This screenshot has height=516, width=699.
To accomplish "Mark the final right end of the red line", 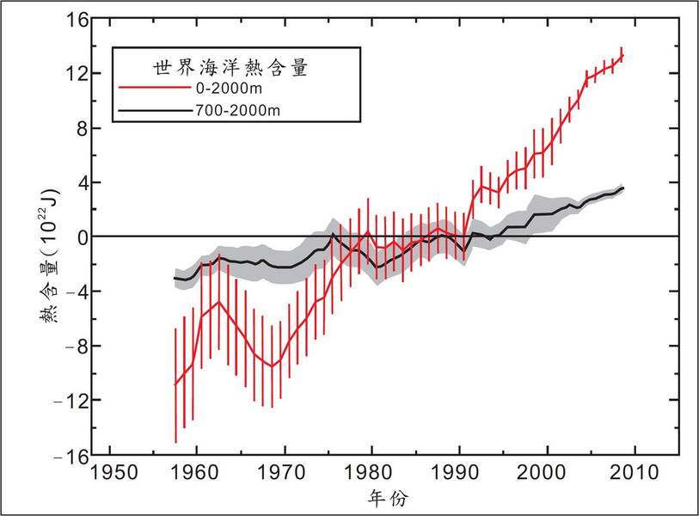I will click(622, 55).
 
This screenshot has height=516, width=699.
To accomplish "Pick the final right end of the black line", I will click(622, 187).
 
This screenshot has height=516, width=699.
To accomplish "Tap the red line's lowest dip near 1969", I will click(273, 366).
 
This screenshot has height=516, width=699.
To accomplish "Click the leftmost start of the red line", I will click(175, 384).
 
